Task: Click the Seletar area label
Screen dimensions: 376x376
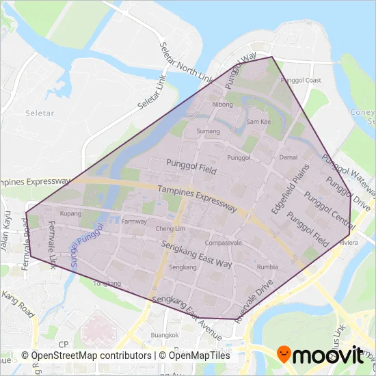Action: click(34, 112)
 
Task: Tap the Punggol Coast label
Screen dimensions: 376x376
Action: click(305, 81)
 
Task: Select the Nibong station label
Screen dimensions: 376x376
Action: click(223, 105)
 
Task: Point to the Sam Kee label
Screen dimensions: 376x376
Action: click(259, 121)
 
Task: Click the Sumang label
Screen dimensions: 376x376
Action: click(208, 131)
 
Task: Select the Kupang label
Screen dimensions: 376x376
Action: click(70, 214)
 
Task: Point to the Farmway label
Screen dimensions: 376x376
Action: click(134, 221)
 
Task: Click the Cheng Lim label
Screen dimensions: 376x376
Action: click(171, 228)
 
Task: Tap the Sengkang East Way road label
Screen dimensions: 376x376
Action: click(197, 254)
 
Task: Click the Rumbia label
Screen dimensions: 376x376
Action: click(267, 267)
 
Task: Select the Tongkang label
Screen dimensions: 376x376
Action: click(107, 283)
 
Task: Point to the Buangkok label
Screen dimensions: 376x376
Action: click(165, 335)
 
